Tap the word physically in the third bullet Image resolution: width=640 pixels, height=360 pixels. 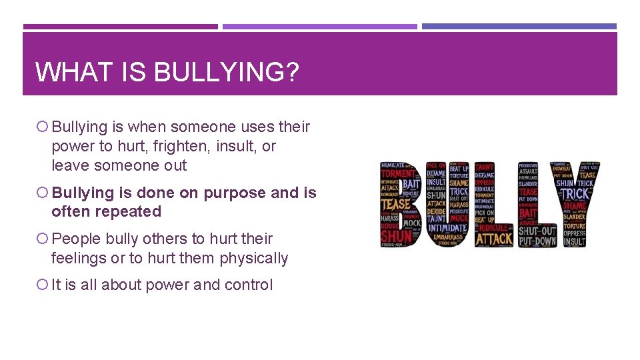tap(254, 258)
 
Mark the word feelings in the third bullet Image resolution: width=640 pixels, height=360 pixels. tap(77, 258)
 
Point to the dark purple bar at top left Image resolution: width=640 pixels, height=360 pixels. tap(120, 27)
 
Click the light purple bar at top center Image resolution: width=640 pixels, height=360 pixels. tap(319, 27)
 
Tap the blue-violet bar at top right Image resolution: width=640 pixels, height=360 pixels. tap(519, 27)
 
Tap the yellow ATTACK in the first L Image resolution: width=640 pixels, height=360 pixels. tap(494, 239)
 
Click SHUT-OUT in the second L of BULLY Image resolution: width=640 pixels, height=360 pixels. tap(537, 231)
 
